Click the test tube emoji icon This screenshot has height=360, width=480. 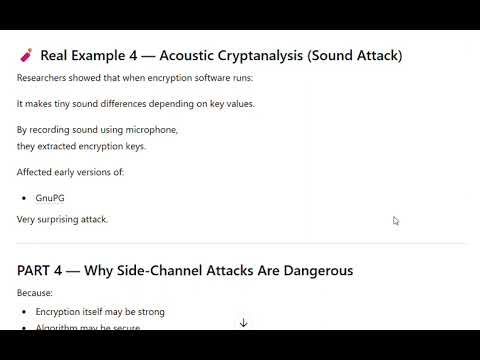click(x=26, y=55)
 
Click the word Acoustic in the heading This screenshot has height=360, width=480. click(x=189, y=55)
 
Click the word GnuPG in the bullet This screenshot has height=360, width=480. click(x=50, y=198)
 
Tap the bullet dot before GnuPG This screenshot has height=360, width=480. click(x=23, y=198)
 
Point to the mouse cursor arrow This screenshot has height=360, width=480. click(x=396, y=221)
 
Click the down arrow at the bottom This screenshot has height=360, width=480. click(x=243, y=323)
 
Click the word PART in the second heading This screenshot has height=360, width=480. click(x=36, y=270)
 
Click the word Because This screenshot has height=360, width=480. click(x=35, y=293)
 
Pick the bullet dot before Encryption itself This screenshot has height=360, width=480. click(x=23, y=312)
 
